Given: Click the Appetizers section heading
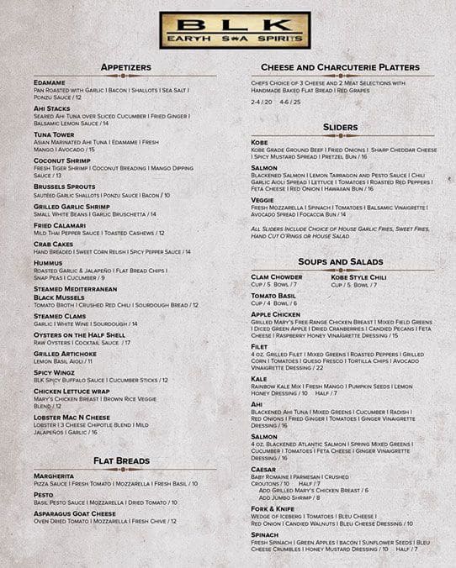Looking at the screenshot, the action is click(x=125, y=66).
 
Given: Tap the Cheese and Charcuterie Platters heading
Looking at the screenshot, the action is click(x=340, y=66).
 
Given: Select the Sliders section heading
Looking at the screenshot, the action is click(x=341, y=127).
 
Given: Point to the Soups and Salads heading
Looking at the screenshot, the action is click(x=341, y=262).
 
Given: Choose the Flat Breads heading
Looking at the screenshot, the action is click(x=122, y=460).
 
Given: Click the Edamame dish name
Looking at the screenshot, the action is click(x=50, y=82).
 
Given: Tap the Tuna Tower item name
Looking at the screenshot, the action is click(x=55, y=134).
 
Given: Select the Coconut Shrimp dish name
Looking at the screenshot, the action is click(x=61, y=160).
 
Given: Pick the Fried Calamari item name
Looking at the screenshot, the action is click(x=60, y=225).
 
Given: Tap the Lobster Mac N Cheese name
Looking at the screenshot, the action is click(x=72, y=417).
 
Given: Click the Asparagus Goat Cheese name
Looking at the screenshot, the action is click(x=74, y=513).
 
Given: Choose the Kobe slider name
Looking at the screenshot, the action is click(x=260, y=143).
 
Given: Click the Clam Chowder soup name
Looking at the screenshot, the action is click(x=276, y=276).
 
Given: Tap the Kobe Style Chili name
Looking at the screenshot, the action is click(x=358, y=276).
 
